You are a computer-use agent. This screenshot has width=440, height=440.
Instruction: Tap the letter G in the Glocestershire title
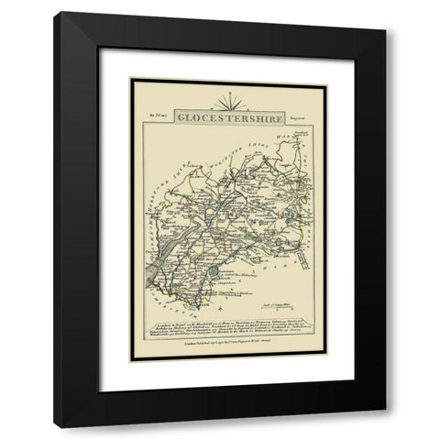179,117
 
